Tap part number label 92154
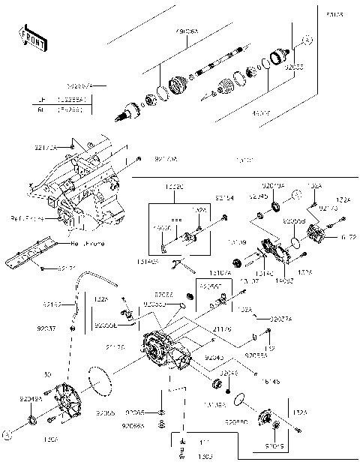223,198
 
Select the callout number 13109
238,243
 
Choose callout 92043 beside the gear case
214,358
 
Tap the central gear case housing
169,352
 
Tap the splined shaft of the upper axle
217,63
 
